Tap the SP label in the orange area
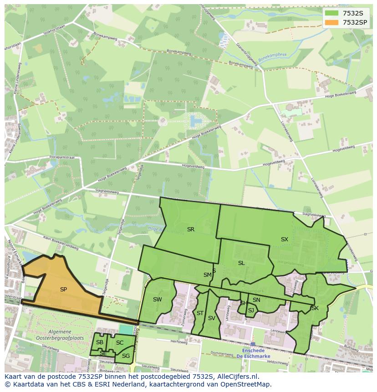(x=63, y=289)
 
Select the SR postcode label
(x=191, y=229)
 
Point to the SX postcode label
(x=284, y=239)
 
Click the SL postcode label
(x=241, y=263)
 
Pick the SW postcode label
(x=157, y=299)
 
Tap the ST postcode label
(x=200, y=313)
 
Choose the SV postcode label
(x=211, y=318)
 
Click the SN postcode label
(x=256, y=300)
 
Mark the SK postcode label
(x=315, y=308)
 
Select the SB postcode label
(x=99, y=342)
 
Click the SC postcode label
(x=120, y=343)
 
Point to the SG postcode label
(x=126, y=356)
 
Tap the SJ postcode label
(x=251, y=311)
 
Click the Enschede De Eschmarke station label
(x=254, y=354)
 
